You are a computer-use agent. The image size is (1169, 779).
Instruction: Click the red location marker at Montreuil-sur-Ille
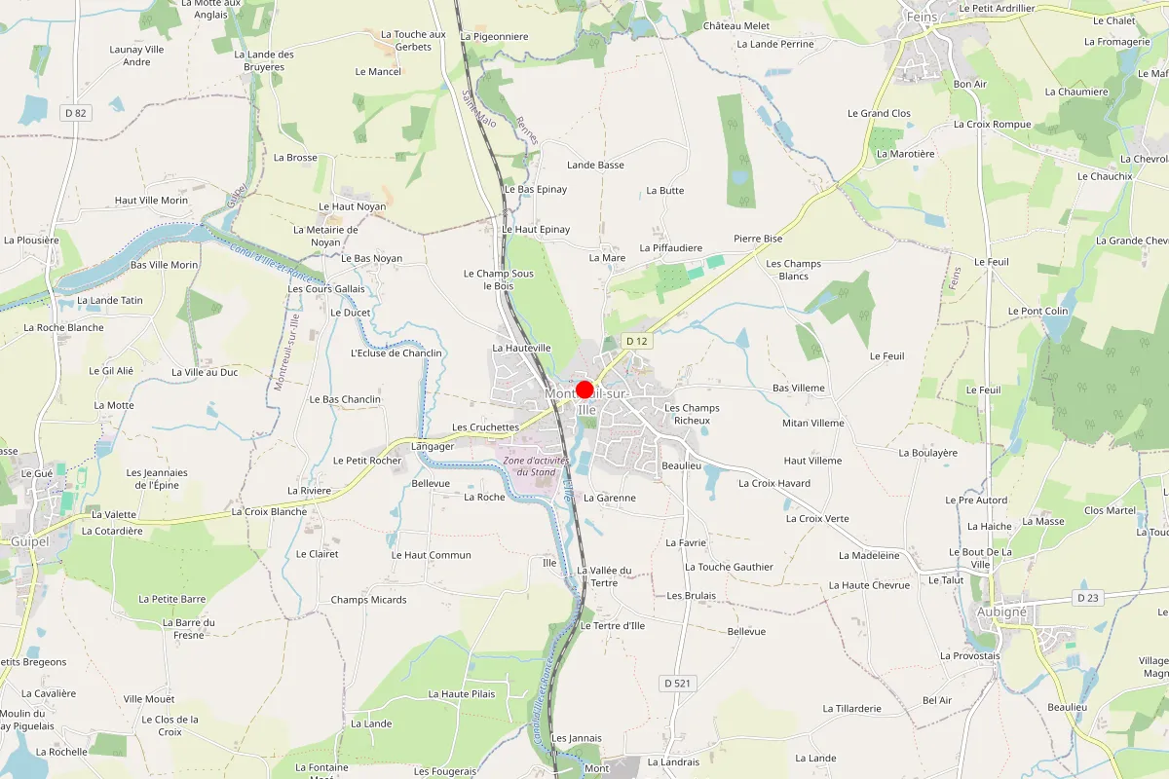pyautogui.click(x=584, y=389)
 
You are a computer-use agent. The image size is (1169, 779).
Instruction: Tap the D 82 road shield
pyautogui.click(x=75, y=113)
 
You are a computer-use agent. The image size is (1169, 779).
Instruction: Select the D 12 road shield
pyautogui.click(x=636, y=341)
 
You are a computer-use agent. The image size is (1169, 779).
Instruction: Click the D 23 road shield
pyautogui.click(x=1087, y=597)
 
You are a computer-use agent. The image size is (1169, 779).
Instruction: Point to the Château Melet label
pyautogui.click(x=736, y=26)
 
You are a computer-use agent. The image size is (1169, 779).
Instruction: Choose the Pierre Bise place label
pyautogui.click(x=758, y=239)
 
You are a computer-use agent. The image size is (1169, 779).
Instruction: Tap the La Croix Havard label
pyautogui.click(x=774, y=483)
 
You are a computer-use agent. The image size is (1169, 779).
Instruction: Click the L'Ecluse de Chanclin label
pyautogui.click(x=396, y=353)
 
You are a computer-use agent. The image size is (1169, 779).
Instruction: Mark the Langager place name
pyautogui.click(x=433, y=446)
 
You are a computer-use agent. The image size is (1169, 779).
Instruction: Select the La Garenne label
pyautogui.click(x=609, y=498)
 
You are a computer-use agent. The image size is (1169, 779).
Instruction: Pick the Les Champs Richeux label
pyautogui.click(x=692, y=414)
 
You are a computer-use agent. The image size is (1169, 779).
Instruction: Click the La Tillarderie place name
pyautogui.click(x=851, y=709)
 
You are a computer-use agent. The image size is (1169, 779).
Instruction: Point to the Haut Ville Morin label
pyautogui.click(x=151, y=201)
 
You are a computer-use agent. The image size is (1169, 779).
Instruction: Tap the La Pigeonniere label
pyautogui.click(x=494, y=37)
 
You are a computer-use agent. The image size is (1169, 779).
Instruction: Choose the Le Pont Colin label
pyautogui.click(x=1037, y=312)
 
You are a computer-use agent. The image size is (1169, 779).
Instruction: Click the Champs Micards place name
pyautogui.click(x=368, y=600)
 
